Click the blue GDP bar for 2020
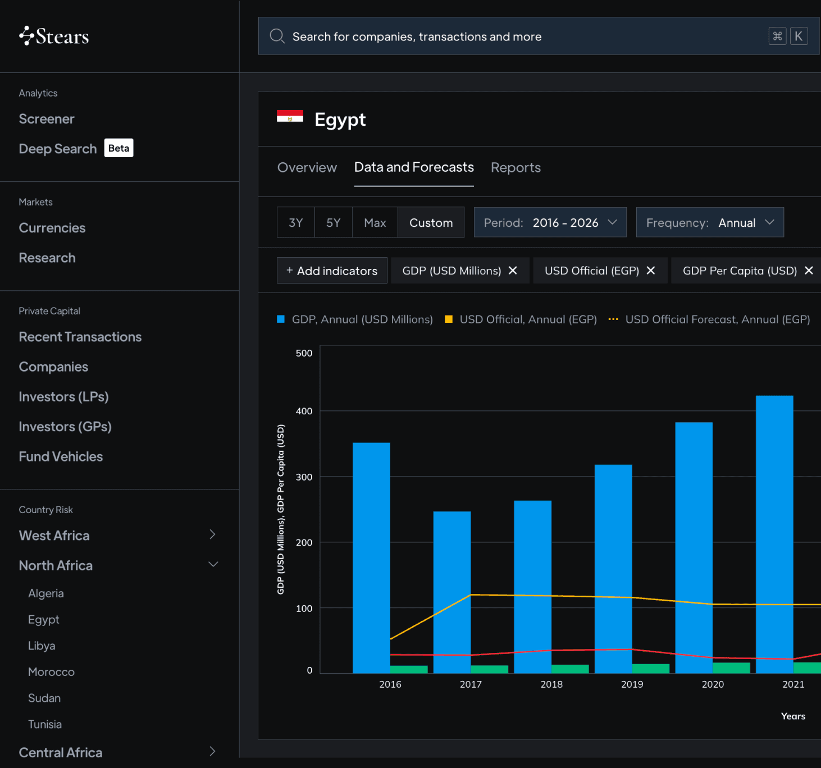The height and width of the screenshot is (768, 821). (x=694, y=547)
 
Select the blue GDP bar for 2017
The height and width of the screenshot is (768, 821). (x=452, y=592)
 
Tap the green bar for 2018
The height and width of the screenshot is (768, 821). (x=570, y=669)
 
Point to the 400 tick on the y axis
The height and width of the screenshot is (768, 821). (x=304, y=411)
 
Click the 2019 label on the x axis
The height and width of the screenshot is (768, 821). (x=632, y=684)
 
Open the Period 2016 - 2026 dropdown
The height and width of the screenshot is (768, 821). (x=550, y=222)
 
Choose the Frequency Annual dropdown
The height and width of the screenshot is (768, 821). (x=710, y=222)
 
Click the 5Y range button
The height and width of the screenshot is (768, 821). (x=333, y=222)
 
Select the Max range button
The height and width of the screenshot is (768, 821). (x=375, y=222)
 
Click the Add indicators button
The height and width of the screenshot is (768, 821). (x=332, y=271)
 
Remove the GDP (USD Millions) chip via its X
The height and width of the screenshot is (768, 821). (x=513, y=271)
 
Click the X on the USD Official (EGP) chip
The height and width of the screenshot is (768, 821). (x=651, y=271)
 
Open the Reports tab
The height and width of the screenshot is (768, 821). (x=516, y=167)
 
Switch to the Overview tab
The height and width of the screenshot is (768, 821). (x=307, y=167)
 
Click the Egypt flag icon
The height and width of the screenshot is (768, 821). (x=290, y=116)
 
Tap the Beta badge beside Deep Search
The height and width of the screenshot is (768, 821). (x=118, y=148)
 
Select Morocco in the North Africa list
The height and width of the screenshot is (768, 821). (x=51, y=671)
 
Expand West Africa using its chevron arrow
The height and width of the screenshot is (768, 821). (x=212, y=534)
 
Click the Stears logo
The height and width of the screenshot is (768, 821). (x=54, y=36)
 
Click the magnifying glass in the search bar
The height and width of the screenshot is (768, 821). (x=277, y=36)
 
